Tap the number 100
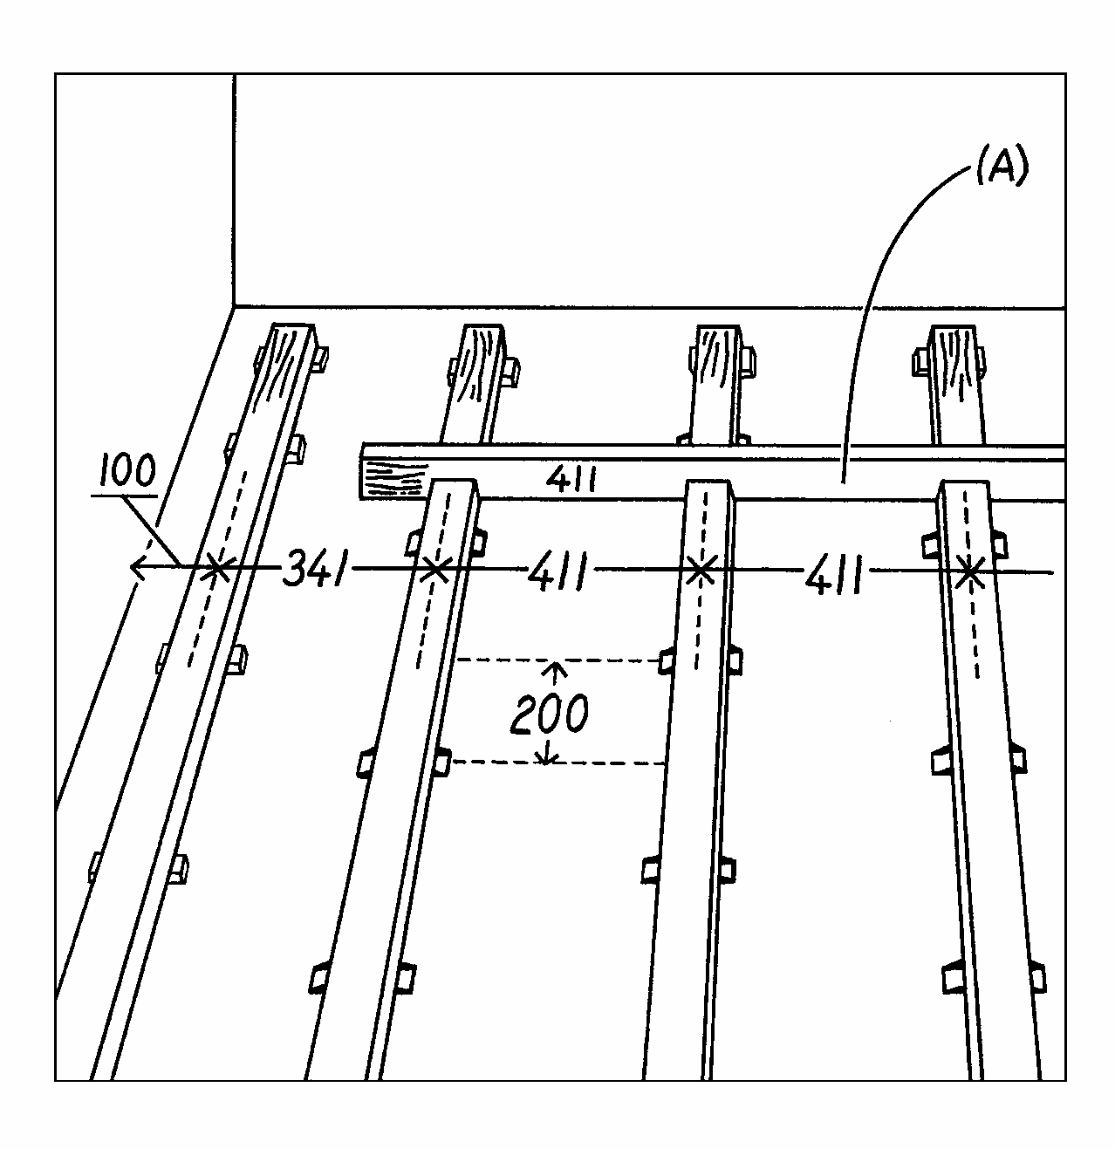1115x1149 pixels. [x=127, y=472]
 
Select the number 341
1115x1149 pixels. [x=316, y=572]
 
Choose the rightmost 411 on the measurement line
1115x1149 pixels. [x=834, y=578]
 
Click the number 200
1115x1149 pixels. [x=549, y=714]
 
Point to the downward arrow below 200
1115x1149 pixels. [x=547, y=756]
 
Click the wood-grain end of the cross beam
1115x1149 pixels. [x=391, y=479]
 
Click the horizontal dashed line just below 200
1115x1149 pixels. [x=558, y=763]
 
